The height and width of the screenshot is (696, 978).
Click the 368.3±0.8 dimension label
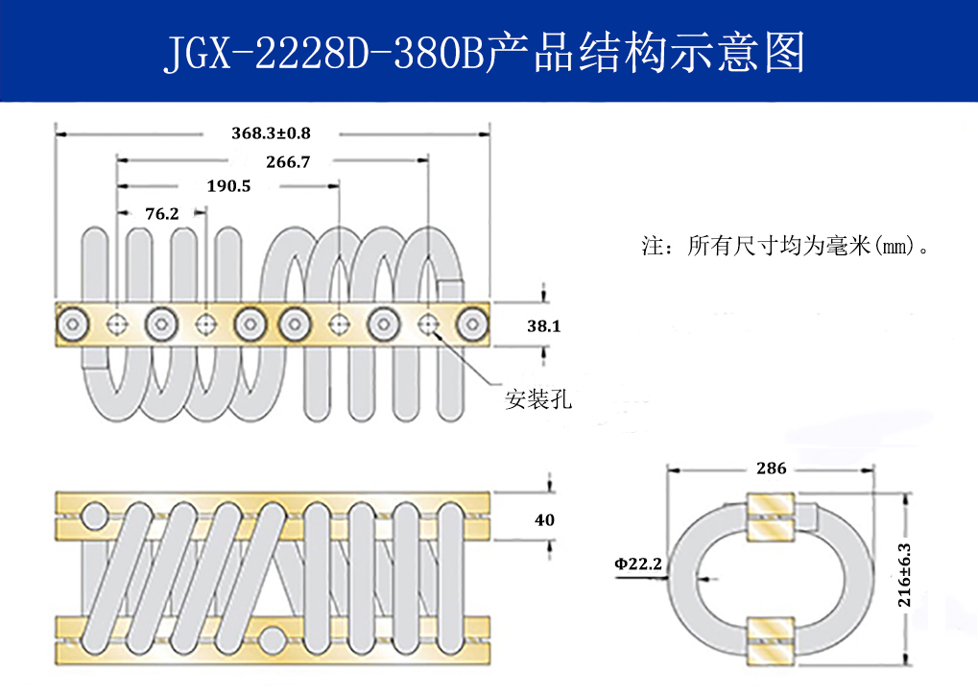(x=272, y=132)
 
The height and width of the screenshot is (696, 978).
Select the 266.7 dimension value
(x=288, y=161)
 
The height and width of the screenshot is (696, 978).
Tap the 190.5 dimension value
(x=228, y=186)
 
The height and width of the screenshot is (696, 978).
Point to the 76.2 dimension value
(x=161, y=213)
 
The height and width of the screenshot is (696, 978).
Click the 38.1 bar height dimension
(x=543, y=326)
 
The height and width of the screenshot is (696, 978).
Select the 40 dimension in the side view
(x=544, y=520)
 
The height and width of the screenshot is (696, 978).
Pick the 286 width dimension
(x=771, y=468)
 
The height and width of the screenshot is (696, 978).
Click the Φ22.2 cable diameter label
(x=638, y=564)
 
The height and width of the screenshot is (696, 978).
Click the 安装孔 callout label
(x=538, y=398)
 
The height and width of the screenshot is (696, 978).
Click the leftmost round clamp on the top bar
(x=73, y=324)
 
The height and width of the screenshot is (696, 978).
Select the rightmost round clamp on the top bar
(x=471, y=324)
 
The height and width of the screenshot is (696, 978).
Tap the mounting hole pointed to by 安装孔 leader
(x=427, y=324)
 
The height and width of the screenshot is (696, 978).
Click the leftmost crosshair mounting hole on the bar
(x=117, y=324)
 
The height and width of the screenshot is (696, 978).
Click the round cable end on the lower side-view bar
(x=274, y=640)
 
